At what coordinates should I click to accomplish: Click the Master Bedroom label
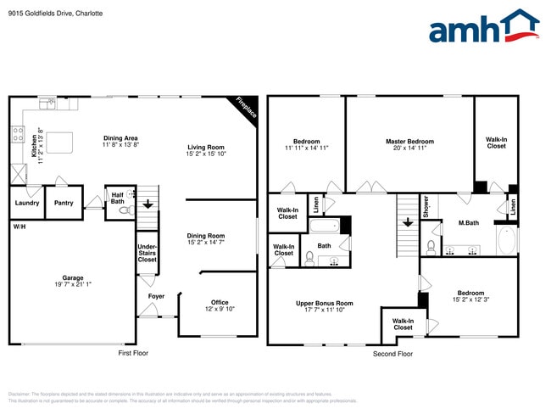pyautogui.click(x=409, y=142)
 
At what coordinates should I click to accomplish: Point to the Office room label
pyautogui.click(x=220, y=302)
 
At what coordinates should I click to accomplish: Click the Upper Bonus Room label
pyautogui.click(x=324, y=303)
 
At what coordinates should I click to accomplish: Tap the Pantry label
pyautogui.click(x=64, y=203)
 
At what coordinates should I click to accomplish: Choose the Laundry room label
pyautogui.click(x=26, y=203)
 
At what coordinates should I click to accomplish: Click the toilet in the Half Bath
pyautogui.click(x=124, y=210)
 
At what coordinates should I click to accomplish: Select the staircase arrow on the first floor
pyautogui.click(x=148, y=204)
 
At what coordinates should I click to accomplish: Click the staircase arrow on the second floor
pyautogui.click(x=408, y=222)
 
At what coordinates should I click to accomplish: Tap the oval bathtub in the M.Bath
pyautogui.click(x=505, y=241)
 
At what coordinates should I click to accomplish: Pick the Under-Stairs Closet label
pyautogui.click(x=147, y=253)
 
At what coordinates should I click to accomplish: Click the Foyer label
pyautogui.click(x=156, y=296)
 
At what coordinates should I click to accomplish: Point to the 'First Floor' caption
pyautogui.click(x=133, y=353)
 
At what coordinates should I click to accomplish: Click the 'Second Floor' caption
pyautogui.click(x=392, y=353)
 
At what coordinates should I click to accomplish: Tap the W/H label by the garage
pyautogui.click(x=18, y=227)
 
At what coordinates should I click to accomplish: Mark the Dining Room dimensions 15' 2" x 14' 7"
pyautogui.click(x=206, y=243)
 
